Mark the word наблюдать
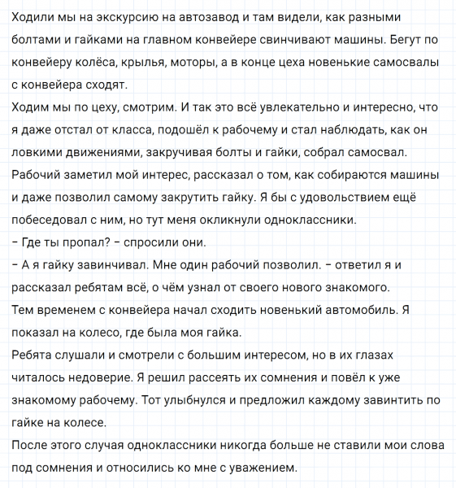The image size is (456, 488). click(x=325, y=129)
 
